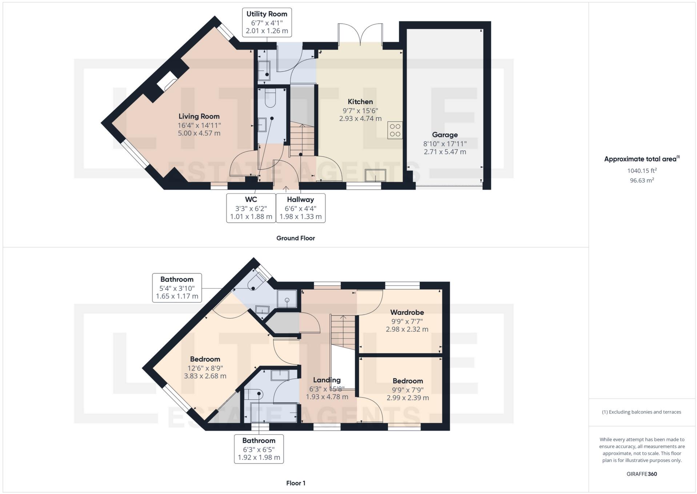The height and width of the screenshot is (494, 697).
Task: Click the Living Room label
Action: pyautogui.click(x=199, y=116)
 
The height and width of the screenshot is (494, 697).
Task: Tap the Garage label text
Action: pyautogui.click(x=445, y=135)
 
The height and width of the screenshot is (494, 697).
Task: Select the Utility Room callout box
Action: pyautogui.click(x=267, y=22)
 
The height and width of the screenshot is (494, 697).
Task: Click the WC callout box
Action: pyautogui.click(x=251, y=208)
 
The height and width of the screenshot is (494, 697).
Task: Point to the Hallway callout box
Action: pyautogui.click(x=300, y=208)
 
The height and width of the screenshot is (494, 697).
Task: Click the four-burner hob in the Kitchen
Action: pyautogui.click(x=395, y=130)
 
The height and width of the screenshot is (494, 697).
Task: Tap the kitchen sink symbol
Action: pyautogui.click(x=376, y=175)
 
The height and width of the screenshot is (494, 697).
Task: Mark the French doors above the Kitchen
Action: pyautogui.click(x=360, y=34)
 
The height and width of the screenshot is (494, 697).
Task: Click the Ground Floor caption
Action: pyautogui.click(x=296, y=238)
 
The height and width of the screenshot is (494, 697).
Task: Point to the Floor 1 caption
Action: pyautogui.click(x=296, y=483)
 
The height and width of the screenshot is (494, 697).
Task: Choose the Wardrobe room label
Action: pyautogui.click(x=407, y=312)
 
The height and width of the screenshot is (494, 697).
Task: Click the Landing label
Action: pyautogui.click(x=327, y=380)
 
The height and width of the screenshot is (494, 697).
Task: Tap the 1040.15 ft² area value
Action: pyautogui.click(x=642, y=170)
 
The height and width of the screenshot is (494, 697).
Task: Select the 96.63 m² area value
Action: pyautogui.click(x=642, y=180)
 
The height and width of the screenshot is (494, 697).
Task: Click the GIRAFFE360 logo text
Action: pyautogui.click(x=642, y=474)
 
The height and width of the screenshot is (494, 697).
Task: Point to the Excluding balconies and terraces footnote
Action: pyautogui.click(x=641, y=412)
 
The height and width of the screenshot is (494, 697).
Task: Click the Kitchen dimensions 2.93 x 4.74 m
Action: pyautogui.click(x=360, y=119)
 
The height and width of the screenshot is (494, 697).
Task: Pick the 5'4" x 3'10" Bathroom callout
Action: pyautogui.click(x=177, y=288)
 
